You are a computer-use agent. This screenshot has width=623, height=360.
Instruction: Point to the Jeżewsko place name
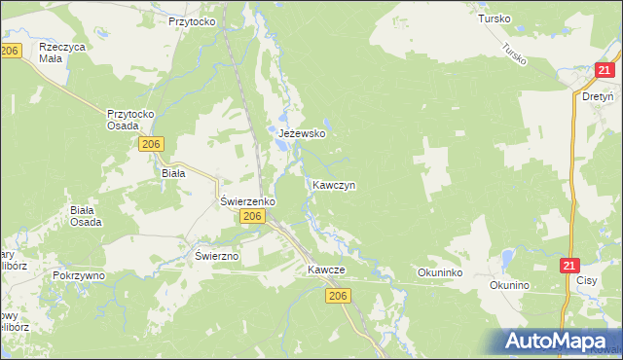pyautogui.click(x=301, y=133)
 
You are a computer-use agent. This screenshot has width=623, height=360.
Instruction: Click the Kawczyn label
pyautogui.click(x=333, y=184)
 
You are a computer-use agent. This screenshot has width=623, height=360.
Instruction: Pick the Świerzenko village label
pyautogui.click(x=247, y=200)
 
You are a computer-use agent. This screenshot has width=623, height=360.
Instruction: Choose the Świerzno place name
pyautogui.click(x=217, y=255)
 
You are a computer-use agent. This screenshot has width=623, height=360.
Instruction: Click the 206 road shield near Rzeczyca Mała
pyautogui.click(x=11, y=51)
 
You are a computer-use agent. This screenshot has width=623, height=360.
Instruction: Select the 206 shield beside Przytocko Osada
pyautogui.click(x=149, y=144)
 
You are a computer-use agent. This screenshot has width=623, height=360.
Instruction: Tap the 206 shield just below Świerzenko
pyautogui.click(x=251, y=216)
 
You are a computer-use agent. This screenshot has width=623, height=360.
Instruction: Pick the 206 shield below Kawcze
pyautogui.click(x=338, y=295)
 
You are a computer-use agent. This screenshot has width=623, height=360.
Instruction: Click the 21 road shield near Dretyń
pyautogui.click(x=605, y=69)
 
